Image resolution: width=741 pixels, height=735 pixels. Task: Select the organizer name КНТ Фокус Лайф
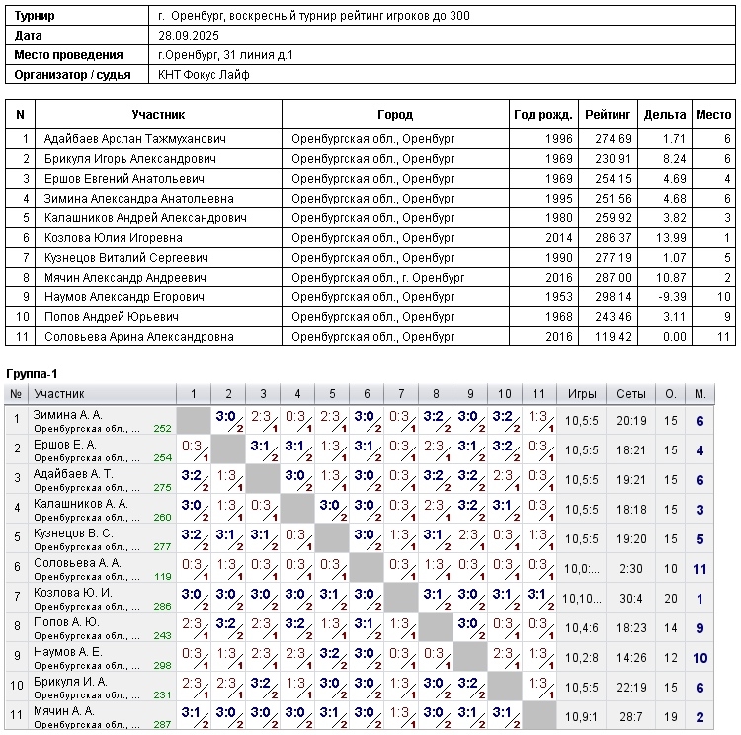click(x=205, y=75)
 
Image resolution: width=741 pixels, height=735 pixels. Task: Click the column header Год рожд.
click(x=542, y=115)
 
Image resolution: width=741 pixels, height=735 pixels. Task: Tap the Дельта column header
click(x=664, y=115)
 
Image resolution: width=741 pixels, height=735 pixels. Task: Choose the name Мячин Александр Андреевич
click(x=111, y=278)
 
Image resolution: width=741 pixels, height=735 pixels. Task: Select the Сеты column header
click(x=631, y=394)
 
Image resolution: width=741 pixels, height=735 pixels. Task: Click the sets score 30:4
click(x=631, y=598)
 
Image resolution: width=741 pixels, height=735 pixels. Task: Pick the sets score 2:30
click(x=631, y=568)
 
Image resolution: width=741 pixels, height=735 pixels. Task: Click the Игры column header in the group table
click(x=582, y=394)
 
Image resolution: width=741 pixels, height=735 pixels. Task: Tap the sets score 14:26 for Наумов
click(x=631, y=657)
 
